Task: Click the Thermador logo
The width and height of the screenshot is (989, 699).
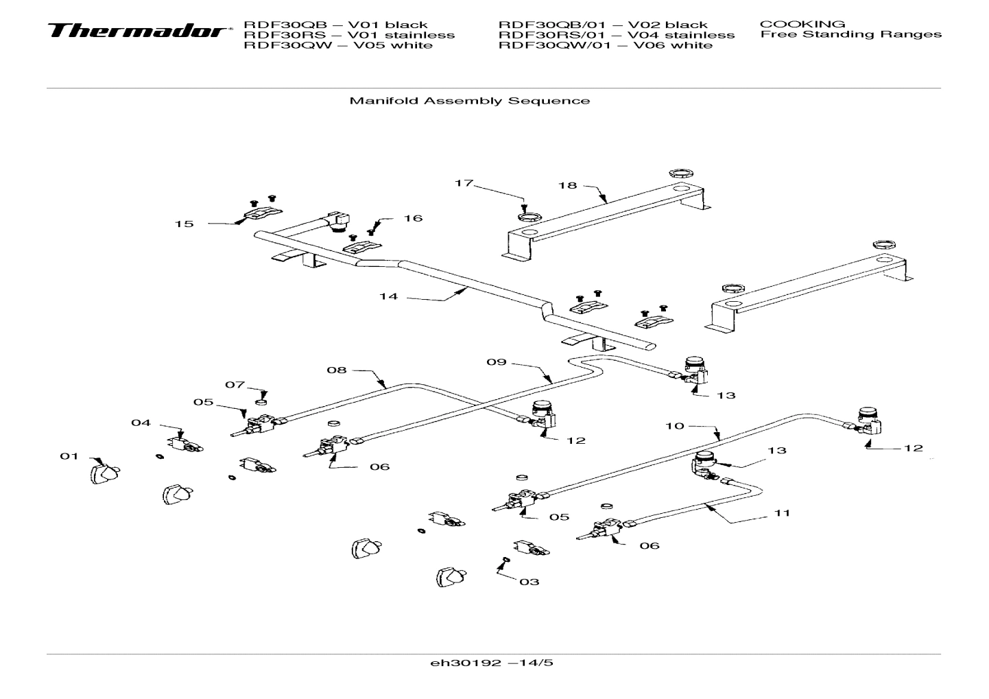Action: click(137, 32)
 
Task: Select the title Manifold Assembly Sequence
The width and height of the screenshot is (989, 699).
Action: click(469, 101)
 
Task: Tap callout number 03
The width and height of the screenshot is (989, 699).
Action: click(529, 582)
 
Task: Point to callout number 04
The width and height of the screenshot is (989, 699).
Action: click(141, 423)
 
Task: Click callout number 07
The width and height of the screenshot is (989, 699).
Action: click(235, 385)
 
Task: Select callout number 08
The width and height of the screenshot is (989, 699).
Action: click(336, 370)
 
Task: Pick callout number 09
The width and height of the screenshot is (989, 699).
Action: click(496, 362)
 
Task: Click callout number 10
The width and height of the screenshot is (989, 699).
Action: click(674, 426)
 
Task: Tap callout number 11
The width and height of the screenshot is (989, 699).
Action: click(782, 512)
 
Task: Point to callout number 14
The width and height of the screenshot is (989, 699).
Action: click(388, 296)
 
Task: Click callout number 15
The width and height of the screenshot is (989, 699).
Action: click(184, 224)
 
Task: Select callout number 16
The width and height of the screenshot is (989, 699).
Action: click(413, 218)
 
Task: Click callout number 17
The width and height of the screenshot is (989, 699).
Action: click(464, 183)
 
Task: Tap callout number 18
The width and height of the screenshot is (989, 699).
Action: click(567, 185)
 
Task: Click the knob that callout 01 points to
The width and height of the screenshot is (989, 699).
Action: click(104, 473)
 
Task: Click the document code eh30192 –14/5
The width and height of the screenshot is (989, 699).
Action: click(491, 663)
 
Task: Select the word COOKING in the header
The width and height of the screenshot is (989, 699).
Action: click(802, 24)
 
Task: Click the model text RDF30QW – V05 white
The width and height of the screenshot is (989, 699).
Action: click(338, 45)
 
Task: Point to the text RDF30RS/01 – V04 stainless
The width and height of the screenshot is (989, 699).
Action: click(616, 35)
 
